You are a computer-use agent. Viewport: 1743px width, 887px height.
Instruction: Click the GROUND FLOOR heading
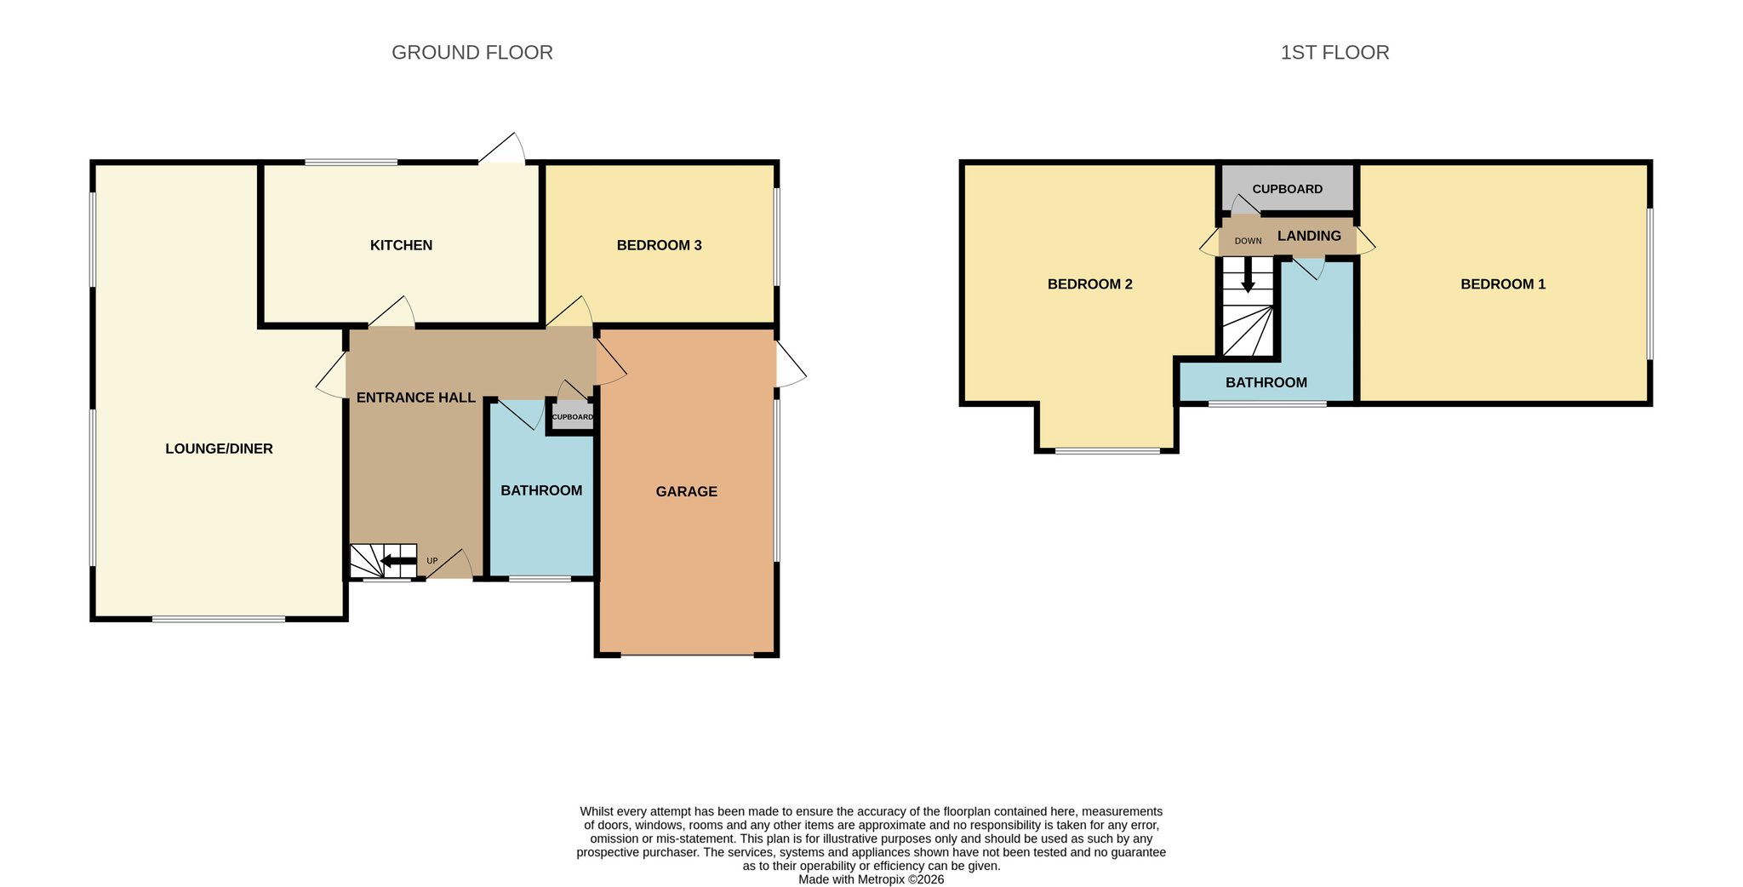tap(472, 53)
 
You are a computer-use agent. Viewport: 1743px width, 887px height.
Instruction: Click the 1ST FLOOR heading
tap(1334, 53)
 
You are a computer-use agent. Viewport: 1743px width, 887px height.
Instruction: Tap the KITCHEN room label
tap(401, 245)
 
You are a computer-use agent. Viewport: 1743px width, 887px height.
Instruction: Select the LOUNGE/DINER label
tap(219, 449)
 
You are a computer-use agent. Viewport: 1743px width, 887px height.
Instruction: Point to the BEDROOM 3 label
tap(659, 245)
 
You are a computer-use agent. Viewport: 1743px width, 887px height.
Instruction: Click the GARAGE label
tap(686, 491)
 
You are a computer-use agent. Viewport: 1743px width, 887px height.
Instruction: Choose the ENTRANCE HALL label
tap(415, 398)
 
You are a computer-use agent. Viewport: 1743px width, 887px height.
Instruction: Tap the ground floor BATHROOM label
tap(541, 490)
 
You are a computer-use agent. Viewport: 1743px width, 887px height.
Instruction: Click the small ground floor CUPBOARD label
tap(572, 417)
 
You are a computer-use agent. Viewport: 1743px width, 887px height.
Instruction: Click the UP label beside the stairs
tap(431, 561)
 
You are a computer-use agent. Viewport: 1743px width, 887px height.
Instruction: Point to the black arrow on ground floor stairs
tap(397, 561)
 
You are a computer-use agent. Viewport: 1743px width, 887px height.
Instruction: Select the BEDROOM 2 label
tap(1089, 284)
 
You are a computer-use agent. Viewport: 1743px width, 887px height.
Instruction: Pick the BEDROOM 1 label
tap(1503, 284)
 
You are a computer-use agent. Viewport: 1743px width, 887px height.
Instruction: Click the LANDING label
tap(1309, 236)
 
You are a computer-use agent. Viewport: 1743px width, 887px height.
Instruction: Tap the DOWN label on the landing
tap(1248, 241)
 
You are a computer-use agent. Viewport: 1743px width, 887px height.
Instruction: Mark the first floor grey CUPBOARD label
tap(1287, 189)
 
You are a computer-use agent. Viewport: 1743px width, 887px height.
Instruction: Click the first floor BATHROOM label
tap(1266, 383)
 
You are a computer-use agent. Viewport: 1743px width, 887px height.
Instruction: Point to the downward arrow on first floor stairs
tap(1248, 275)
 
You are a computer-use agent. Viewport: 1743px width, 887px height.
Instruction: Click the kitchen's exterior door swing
tap(501, 147)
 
